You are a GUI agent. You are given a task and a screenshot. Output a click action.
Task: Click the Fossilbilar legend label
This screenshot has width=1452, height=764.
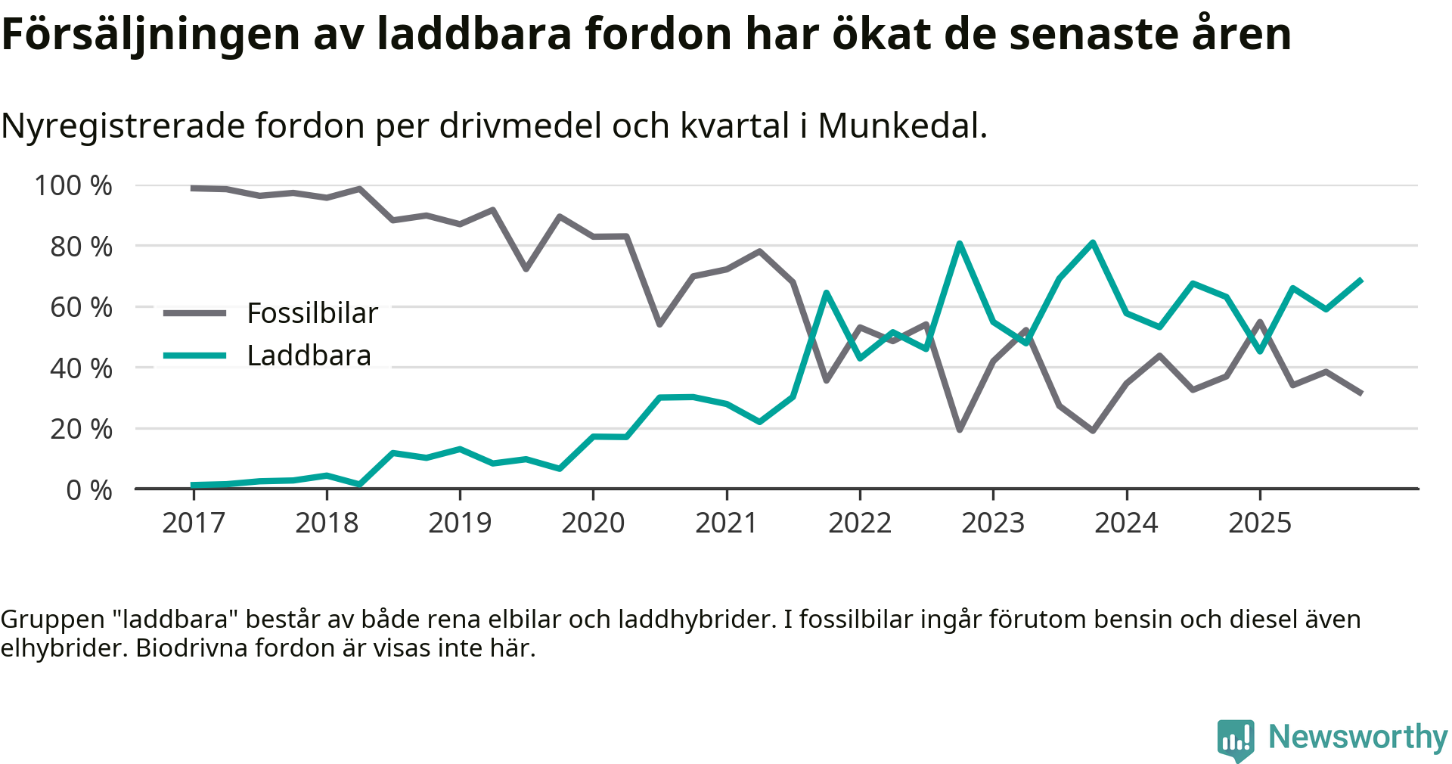coord(312,313)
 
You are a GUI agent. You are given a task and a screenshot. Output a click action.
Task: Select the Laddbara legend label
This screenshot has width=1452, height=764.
coord(309,356)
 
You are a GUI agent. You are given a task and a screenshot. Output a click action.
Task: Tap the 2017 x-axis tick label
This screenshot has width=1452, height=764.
coord(194,523)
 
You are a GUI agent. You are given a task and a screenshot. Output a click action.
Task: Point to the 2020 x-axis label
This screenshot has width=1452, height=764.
coord(593,523)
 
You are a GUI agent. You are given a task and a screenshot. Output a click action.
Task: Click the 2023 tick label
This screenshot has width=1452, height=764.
coord(993,523)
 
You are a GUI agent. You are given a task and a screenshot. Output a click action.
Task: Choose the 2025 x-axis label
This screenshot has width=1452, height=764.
coord(1260,523)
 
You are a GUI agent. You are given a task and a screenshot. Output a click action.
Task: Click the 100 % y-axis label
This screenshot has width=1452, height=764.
coord(73,185)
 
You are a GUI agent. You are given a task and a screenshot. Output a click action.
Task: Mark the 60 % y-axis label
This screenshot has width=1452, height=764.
coord(81,307)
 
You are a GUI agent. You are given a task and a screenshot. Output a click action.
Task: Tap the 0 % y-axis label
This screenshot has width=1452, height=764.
coord(89,490)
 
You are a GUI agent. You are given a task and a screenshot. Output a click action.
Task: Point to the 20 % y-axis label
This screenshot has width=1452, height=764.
coord(81,429)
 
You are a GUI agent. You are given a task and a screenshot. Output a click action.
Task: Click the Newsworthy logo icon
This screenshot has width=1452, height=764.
coord(1235,739)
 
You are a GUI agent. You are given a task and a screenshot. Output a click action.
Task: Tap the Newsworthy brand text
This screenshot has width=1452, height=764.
coord(1357,737)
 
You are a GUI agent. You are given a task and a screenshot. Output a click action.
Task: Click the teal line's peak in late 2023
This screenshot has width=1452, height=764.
coord(1093,243)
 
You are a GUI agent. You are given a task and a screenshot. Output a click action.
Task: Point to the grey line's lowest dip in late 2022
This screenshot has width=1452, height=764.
coord(960,430)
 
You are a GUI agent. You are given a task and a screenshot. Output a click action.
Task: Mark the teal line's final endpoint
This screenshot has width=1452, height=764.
coord(1361,280)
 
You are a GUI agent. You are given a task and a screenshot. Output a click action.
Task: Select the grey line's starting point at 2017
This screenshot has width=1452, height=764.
coord(194,188)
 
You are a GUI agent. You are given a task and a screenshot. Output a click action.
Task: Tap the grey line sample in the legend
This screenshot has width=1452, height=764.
coord(195,313)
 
